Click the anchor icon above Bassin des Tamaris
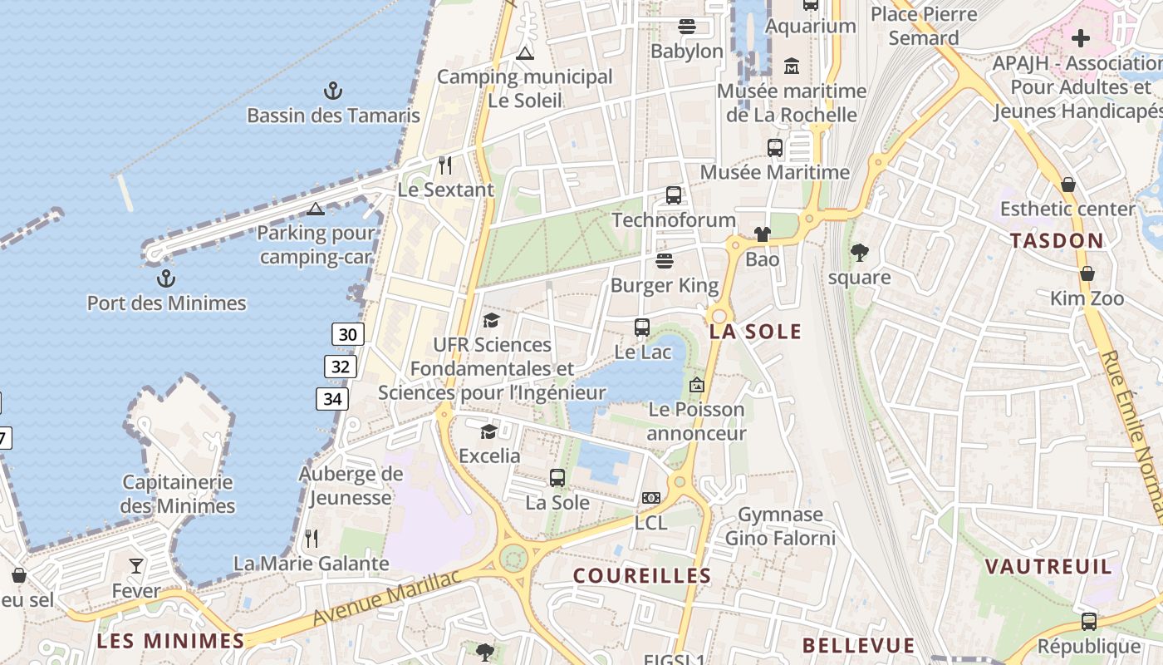pos(332,91)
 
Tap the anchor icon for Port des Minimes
pos(166,278)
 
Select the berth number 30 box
pos(348,335)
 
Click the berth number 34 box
pos(332,399)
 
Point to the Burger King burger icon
pos(664,261)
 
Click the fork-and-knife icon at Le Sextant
pos(445,165)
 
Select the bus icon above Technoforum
pos(674,195)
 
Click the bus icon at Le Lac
pos(642,327)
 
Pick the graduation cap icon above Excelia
pos(488,431)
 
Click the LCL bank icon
pos(651,498)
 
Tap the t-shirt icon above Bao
pos(763,234)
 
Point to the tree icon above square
pos(860,252)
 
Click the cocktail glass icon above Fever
pos(136,566)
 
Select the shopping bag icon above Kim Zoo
pos(1087,273)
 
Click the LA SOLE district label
pos(755,332)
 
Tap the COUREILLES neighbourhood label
pos(642,575)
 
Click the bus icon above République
pos(1089,621)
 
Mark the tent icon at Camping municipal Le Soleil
pos(524,53)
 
